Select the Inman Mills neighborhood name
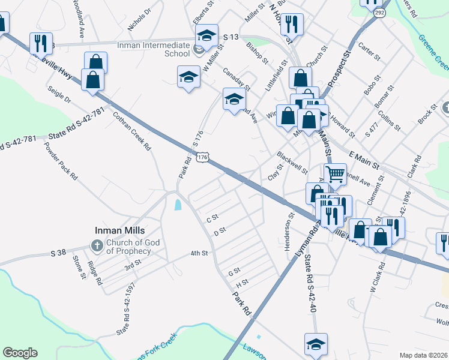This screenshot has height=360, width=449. pos(121,230)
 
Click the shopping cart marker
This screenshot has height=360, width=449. pos(336,174)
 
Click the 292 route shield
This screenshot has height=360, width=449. pos(379,11)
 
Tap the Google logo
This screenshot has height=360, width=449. pos(20,353)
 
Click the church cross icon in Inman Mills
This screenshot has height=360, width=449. pos(97,245)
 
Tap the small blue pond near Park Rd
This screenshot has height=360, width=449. pos(178,205)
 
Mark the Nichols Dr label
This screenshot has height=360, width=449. pos(139,20)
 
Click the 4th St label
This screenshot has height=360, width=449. pos(199,254)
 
